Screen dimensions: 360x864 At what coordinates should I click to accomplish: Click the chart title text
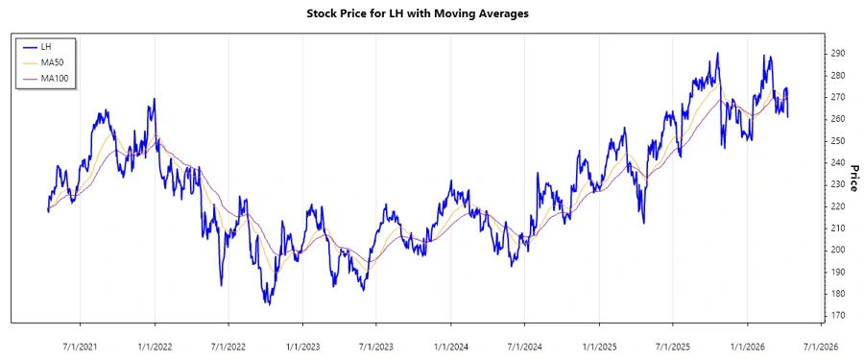[x=431, y=14]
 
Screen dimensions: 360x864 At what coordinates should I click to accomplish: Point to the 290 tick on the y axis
[x=837, y=54]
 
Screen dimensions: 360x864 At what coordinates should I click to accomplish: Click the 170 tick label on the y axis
[x=837, y=316]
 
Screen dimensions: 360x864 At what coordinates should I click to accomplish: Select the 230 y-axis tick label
[x=837, y=184]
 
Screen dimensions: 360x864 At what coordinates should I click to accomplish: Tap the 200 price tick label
[x=837, y=250]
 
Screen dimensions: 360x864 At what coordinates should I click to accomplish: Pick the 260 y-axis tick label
[x=837, y=119]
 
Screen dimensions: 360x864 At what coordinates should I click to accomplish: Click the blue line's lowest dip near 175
[x=268, y=304]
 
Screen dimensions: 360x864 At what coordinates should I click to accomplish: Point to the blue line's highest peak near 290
[x=717, y=54]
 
